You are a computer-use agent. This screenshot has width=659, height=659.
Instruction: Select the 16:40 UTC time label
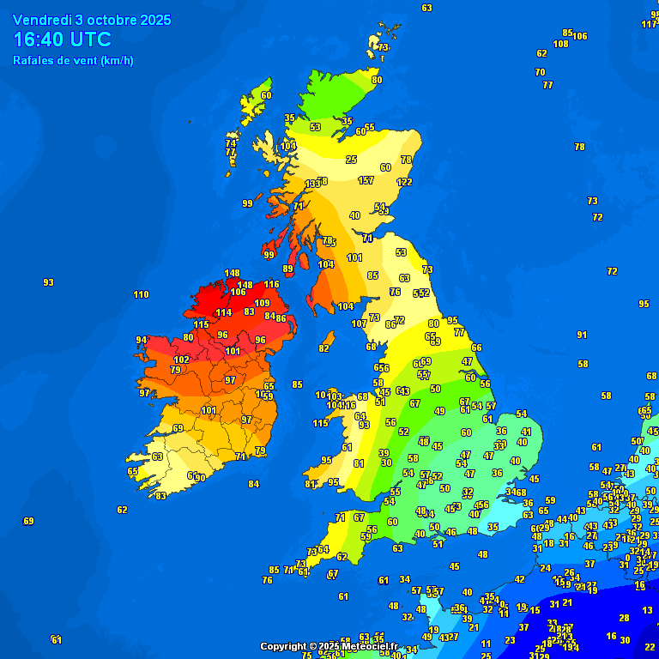62,39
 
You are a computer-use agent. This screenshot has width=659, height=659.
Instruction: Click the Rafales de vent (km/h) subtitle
73,60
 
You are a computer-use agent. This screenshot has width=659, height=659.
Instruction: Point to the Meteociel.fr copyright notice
329,646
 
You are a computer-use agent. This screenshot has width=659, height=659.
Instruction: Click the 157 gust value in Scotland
366,180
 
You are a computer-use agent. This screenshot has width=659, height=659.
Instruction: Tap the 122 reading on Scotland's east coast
404,182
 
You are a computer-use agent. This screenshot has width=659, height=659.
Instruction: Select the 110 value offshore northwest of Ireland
141,294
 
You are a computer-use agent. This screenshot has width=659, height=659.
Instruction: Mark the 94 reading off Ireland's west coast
142,340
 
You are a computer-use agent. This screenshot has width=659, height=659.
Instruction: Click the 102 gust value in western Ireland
181,360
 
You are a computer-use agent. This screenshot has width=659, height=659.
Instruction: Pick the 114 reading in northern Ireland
223,312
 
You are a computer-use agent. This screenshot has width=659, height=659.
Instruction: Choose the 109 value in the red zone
262,303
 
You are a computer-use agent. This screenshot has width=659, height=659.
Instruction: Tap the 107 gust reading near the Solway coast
359,323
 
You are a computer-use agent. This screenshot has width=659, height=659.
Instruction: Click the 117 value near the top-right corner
649,24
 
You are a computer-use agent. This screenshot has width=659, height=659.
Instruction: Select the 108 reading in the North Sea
560,44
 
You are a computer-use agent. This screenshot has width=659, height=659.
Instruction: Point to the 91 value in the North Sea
582,335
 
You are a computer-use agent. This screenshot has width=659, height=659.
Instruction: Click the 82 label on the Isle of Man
323,348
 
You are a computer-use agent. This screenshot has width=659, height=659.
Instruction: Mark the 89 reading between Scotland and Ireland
288,269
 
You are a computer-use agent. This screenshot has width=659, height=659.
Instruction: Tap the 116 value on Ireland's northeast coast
271,284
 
